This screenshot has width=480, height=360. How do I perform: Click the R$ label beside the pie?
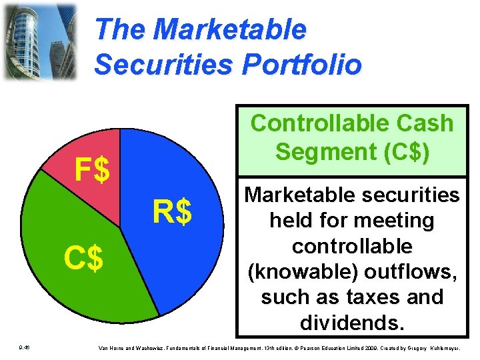(172, 213)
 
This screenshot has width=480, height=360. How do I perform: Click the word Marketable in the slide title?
(229, 29)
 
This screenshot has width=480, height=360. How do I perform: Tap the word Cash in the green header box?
(427, 123)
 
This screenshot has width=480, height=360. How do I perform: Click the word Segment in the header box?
(316, 152)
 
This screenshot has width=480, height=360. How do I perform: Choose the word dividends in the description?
(351, 323)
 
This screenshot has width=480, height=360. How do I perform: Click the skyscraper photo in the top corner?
(40, 41)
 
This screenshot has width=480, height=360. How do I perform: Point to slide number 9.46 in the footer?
(23, 348)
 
